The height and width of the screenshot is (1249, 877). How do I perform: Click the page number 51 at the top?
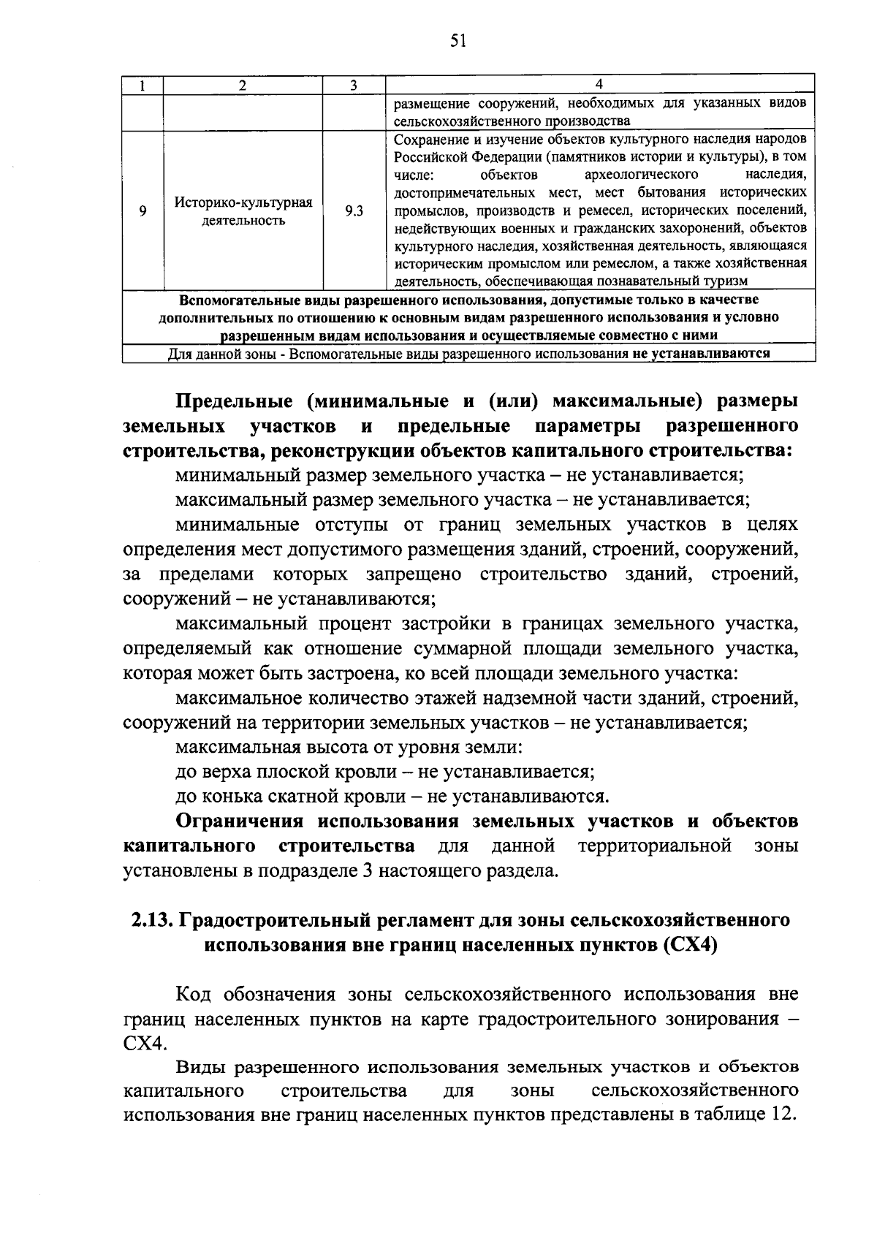[458, 41]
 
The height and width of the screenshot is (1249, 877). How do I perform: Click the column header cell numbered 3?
[353, 85]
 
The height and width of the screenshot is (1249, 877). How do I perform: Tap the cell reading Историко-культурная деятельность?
[243, 211]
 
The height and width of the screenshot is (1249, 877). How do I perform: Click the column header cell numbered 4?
[599, 85]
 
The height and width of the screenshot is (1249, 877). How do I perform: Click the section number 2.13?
[151, 920]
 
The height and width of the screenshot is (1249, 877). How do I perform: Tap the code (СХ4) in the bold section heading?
[690, 944]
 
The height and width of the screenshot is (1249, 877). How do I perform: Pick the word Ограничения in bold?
[241, 821]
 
